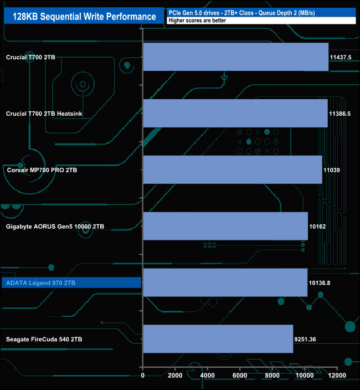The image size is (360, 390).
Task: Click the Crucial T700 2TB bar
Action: pyautogui.click(x=236, y=57)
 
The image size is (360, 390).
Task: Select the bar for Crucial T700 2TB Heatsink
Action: pyautogui.click(x=235, y=114)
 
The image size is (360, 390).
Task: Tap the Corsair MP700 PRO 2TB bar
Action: pyautogui.click(x=233, y=170)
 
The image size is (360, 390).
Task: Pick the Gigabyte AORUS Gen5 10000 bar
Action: pyautogui.click(x=225, y=226)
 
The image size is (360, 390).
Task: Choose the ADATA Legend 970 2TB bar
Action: pyautogui.click(x=225, y=283)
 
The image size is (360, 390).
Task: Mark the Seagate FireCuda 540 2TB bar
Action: pyautogui.click(x=218, y=339)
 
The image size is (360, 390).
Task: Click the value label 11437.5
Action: pyautogui.click(x=341, y=57)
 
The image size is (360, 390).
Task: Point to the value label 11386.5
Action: pyautogui.click(x=340, y=114)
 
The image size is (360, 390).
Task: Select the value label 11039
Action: pyautogui.click(x=332, y=170)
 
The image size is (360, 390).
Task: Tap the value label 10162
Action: pyautogui.click(x=317, y=227)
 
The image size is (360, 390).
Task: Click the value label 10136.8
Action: pyautogui.click(x=320, y=283)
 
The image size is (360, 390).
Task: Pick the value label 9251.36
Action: pyautogui.click(x=305, y=339)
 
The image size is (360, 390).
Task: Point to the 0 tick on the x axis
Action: pyautogui.click(x=143, y=376)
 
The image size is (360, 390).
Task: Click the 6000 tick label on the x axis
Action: pyautogui.click(x=240, y=376)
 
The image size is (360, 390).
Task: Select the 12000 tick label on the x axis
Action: pyautogui.click(x=337, y=376)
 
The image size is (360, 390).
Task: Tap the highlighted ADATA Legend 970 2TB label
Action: pyautogui.click(x=40, y=283)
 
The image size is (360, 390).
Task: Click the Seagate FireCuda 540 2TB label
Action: pyautogui.click(x=44, y=339)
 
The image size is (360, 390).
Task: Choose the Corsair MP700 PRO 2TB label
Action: pyautogui.click(x=42, y=170)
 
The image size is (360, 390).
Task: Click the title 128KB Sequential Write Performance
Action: pyautogui.click(x=84, y=17)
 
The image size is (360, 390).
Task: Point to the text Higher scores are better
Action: pyautogui.click(x=197, y=20)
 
